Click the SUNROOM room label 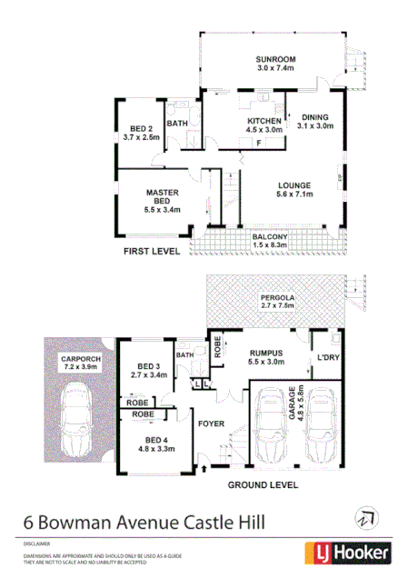pos(275,63)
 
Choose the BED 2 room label pos(139,133)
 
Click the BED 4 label pos(154,443)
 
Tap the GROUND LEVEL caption pos(263,485)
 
